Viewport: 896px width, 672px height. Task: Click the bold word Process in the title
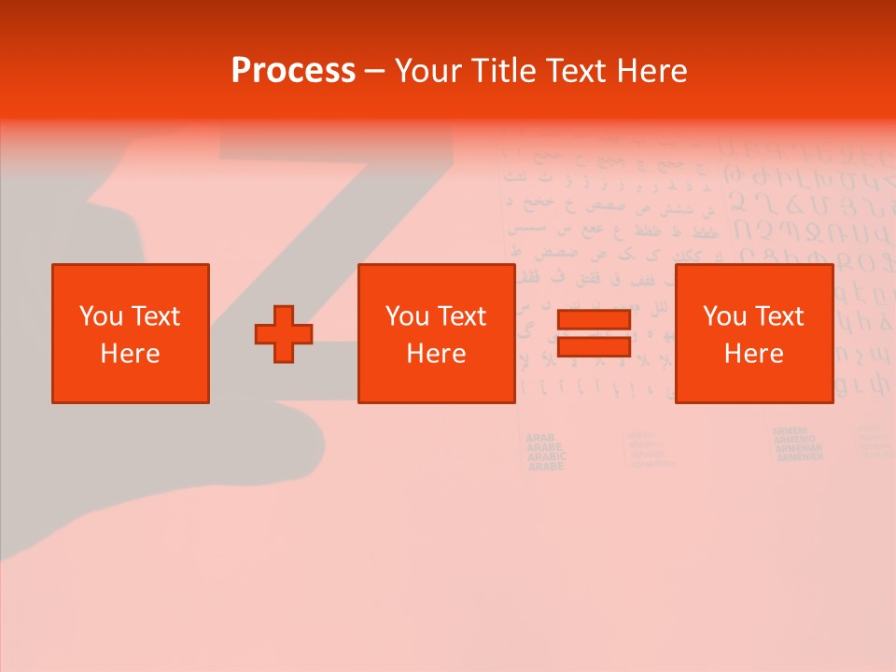click(x=293, y=71)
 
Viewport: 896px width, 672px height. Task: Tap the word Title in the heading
click(x=505, y=71)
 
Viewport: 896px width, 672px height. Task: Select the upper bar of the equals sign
click(x=594, y=320)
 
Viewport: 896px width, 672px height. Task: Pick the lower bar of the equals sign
click(x=594, y=346)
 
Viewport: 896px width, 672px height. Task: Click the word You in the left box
click(x=101, y=316)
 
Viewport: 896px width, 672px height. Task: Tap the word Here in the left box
click(x=130, y=354)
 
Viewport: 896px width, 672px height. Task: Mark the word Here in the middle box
click(x=436, y=354)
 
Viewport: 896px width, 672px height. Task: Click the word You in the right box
click(x=724, y=316)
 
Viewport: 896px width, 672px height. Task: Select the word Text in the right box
click(x=779, y=316)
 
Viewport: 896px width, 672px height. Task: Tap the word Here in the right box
click(x=753, y=354)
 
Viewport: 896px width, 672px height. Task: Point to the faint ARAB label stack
click(x=546, y=452)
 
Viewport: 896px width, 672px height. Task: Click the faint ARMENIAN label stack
click(x=798, y=444)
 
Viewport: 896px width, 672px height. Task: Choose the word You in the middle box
click(x=407, y=316)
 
